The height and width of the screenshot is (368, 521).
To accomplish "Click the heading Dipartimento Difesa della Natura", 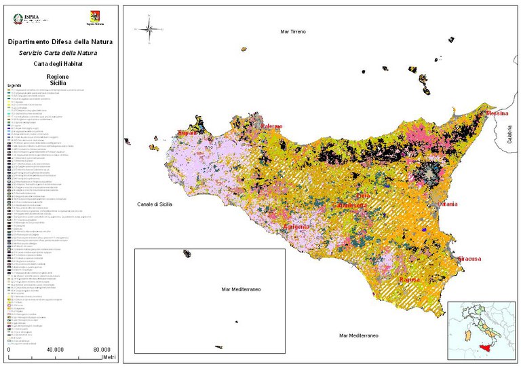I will (x=60, y=42).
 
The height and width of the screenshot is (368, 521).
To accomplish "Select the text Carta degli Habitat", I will (x=60, y=62).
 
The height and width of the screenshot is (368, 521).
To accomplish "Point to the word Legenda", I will (x=14, y=86).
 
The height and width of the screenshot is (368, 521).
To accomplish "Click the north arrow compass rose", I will (x=145, y=29).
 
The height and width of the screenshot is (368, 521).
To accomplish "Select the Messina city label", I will (x=498, y=113).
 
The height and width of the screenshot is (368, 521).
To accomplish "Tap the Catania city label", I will (x=447, y=204).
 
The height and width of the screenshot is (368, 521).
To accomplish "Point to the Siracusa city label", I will (x=469, y=259).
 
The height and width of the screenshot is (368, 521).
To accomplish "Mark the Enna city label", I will (x=363, y=196).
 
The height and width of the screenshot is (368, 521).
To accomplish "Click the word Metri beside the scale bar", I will (x=109, y=356).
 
